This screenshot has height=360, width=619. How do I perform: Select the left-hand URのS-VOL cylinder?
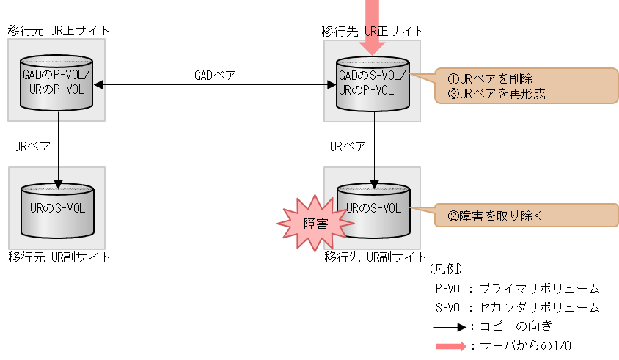(x=57, y=210)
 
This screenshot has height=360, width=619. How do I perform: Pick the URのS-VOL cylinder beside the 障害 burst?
(x=373, y=210)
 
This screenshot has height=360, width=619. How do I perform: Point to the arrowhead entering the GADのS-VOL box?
(x=330, y=85)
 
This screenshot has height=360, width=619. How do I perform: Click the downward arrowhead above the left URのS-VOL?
(x=58, y=183)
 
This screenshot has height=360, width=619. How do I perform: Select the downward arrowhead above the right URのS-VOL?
(x=374, y=183)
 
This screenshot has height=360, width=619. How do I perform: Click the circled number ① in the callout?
(x=453, y=78)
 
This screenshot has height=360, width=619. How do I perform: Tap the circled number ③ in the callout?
(x=453, y=94)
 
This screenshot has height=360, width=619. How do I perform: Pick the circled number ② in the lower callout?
(x=453, y=216)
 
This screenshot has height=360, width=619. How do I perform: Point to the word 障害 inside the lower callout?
(x=470, y=216)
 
